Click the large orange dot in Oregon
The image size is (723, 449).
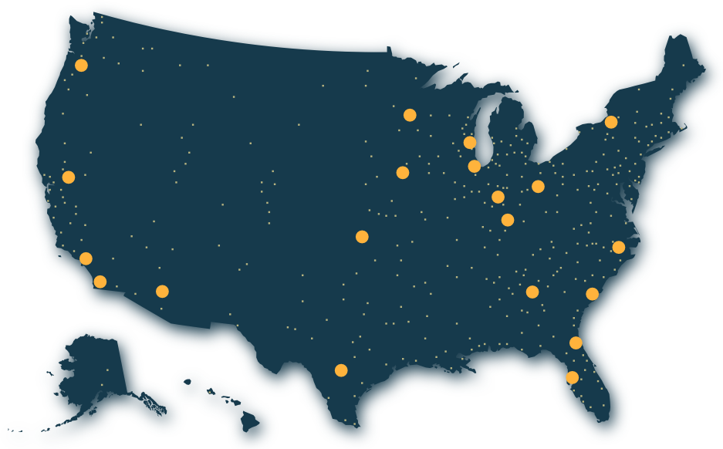[x=82, y=66]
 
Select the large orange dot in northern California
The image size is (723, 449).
[x=69, y=177]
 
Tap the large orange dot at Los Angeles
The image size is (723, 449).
[x=86, y=258]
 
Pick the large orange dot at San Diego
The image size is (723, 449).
[x=100, y=282]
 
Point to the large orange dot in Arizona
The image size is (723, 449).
[x=162, y=291]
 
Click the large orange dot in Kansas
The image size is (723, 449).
[x=362, y=236]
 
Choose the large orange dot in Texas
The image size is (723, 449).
[x=341, y=370]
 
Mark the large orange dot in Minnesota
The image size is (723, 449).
[x=410, y=115]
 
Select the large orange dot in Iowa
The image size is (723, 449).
[x=403, y=172]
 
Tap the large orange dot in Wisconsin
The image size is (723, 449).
[x=470, y=143]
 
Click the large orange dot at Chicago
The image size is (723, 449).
[x=475, y=166]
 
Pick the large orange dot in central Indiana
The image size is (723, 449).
[x=498, y=197]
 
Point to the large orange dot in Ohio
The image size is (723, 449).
[x=538, y=187]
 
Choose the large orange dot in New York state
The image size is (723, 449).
[x=611, y=122]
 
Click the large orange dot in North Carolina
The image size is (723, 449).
[x=618, y=247]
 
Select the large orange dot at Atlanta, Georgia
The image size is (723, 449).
[x=532, y=292]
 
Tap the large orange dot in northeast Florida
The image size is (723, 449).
[x=576, y=343]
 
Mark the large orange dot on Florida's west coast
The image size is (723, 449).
[x=572, y=377]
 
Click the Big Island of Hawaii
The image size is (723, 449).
[x=249, y=421]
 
